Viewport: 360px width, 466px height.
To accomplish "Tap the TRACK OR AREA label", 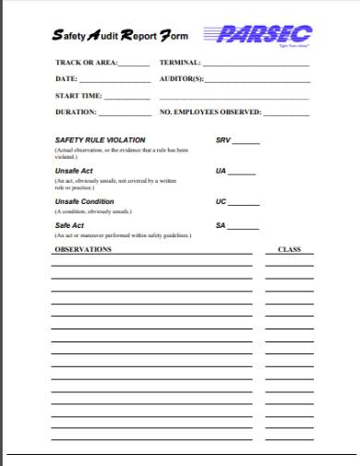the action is pyautogui.click(x=87, y=64).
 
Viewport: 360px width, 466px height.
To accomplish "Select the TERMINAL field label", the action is pyautogui.click(x=180, y=64).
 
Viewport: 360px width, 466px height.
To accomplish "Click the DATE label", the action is pyautogui.click(x=66, y=79).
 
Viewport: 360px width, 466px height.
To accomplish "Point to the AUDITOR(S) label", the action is pyautogui.click(x=181, y=79).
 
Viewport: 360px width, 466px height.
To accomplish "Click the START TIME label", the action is pyautogui.click(x=78, y=95).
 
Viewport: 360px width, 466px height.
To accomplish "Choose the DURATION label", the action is pyautogui.click(x=76, y=112).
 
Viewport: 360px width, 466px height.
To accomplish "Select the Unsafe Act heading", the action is pyautogui.click(x=75, y=171).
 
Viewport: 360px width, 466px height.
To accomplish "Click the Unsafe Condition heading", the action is pyautogui.click(x=84, y=201).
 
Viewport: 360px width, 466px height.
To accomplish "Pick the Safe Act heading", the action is pyautogui.click(x=70, y=225).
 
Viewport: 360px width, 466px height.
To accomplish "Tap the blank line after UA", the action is pyautogui.click(x=242, y=174).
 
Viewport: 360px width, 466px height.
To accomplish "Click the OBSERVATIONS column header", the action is pyautogui.click(x=82, y=249).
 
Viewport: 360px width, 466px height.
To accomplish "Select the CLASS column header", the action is pyautogui.click(x=290, y=249).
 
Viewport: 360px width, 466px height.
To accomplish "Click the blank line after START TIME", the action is pyautogui.click(x=127, y=98).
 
